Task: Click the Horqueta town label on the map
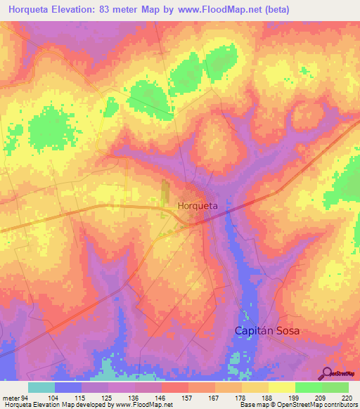[x=198, y=206]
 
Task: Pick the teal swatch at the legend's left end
[x=41, y=387]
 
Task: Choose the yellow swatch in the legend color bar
[x=281, y=387]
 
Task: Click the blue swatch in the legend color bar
[x=68, y=387]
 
